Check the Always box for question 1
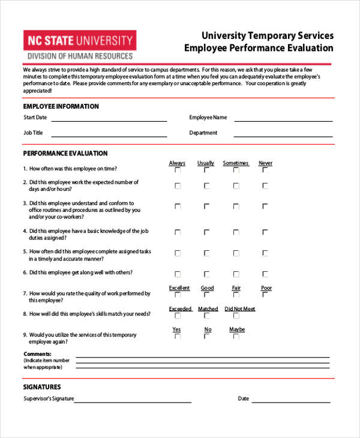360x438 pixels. tap(177, 170)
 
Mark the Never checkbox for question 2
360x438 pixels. tap(265, 186)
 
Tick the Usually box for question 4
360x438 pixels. tap(206, 232)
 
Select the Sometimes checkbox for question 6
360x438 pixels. tap(236, 273)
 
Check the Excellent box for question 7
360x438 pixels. tap(177, 295)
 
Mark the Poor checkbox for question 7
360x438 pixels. tap(265, 295)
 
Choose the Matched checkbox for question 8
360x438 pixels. tap(206, 316)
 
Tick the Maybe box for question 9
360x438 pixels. tap(236, 337)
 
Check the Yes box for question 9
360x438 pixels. tap(177, 337)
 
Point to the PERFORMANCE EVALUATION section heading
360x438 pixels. tap(65, 153)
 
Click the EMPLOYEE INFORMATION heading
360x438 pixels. tap(61, 106)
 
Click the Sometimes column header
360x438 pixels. tap(236, 163)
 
